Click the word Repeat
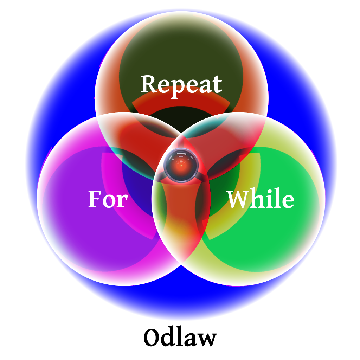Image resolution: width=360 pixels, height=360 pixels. (x=181, y=84)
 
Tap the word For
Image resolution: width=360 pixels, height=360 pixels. (x=108, y=199)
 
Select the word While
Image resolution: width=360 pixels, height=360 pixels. (x=261, y=199)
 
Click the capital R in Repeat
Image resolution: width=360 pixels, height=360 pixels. (x=148, y=84)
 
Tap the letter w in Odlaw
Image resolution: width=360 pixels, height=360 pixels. (x=206, y=339)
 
